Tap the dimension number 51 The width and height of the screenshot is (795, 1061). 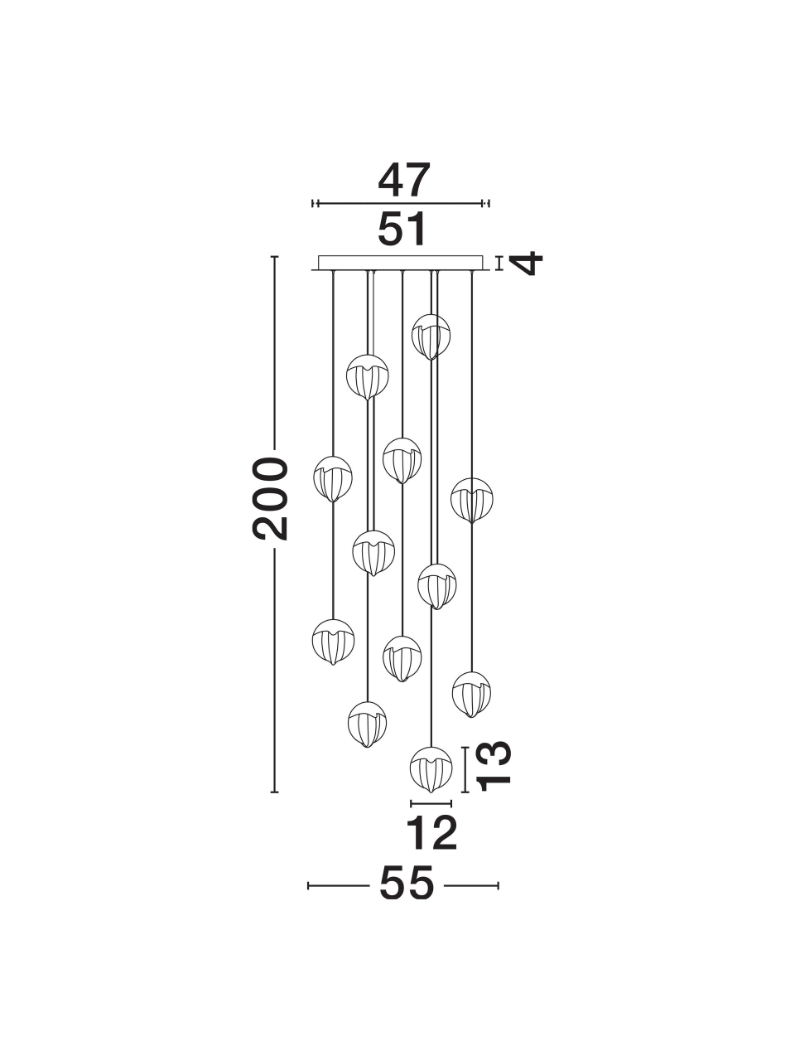[402, 229]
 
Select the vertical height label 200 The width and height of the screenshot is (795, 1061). [270, 498]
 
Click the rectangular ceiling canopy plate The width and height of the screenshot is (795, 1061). [401, 263]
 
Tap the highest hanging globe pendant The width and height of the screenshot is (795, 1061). [431, 337]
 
